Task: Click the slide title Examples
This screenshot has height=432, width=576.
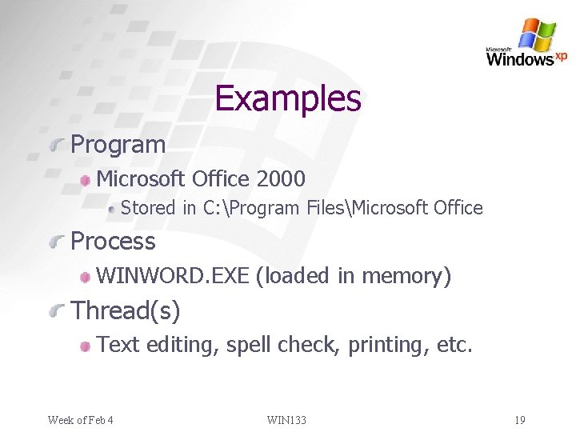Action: pos(288,98)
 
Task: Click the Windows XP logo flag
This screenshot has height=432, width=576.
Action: pos(537,34)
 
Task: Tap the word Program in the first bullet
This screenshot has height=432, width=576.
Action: pos(118,145)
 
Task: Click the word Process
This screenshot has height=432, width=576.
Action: pos(114,241)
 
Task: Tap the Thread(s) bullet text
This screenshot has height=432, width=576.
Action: pos(126,310)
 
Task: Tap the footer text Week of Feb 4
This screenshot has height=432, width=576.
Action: pos(80,420)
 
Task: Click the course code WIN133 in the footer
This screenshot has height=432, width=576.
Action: pos(287,420)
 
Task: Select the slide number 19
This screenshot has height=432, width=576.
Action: pos(520,420)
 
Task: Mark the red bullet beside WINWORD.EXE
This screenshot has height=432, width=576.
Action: pos(84,277)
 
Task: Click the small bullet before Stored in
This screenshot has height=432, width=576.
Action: pos(113,209)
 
